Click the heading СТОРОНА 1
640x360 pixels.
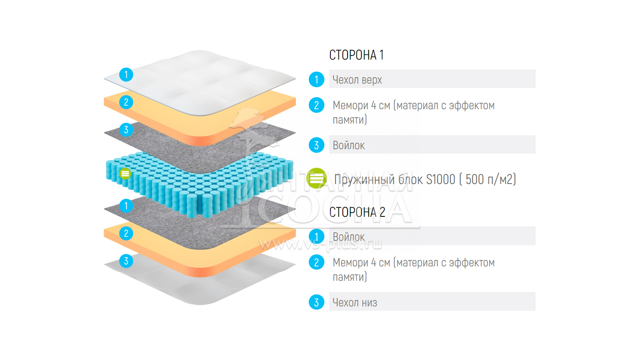click(356, 55)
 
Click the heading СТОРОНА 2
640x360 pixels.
click(357, 212)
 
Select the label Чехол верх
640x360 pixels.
click(357, 80)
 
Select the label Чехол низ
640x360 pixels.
click(355, 302)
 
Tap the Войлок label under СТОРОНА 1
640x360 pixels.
click(349, 145)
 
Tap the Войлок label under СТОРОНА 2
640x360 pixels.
click(349, 237)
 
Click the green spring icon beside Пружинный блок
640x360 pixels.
click(316, 178)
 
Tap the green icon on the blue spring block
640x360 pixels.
click(125, 174)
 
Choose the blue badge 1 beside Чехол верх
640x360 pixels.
click(316, 80)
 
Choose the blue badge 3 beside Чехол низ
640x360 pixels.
click(316, 302)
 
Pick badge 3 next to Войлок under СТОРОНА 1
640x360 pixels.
click(316, 145)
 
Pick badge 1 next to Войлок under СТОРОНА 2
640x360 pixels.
click(316, 237)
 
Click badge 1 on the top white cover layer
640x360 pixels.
click(126, 74)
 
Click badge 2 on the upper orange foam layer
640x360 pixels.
click(126, 102)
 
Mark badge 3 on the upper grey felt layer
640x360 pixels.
click(126, 130)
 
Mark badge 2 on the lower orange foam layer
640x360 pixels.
click(126, 233)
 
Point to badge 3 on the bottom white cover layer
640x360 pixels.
click(126, 261)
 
